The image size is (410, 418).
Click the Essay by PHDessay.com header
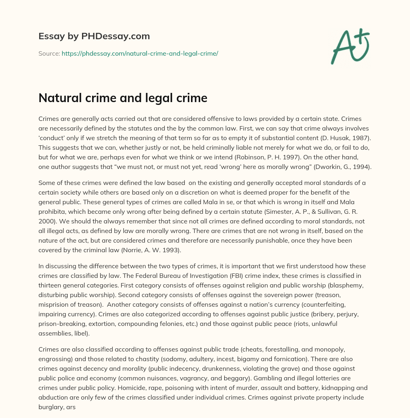click(94, 36)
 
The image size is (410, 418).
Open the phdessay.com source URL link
click(140, 53)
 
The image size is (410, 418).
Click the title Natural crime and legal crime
click(123, 98)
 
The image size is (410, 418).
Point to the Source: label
click(49, 53)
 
